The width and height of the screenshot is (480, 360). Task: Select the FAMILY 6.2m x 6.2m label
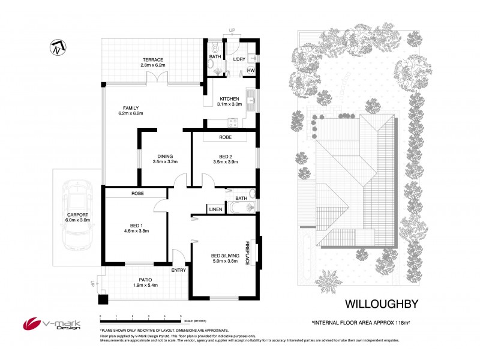tap(130, 110)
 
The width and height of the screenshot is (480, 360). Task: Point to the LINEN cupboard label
tap(215, 209)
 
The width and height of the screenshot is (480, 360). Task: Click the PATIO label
tap(140, 280)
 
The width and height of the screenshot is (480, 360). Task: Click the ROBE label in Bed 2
tap(225, 137)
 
